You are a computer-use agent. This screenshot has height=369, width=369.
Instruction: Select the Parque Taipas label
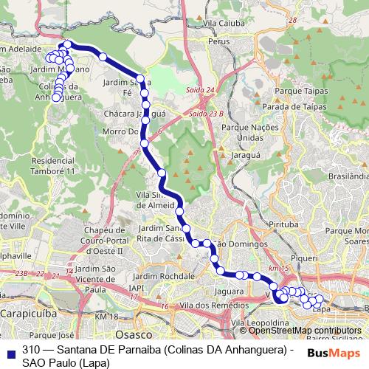click(294, 92)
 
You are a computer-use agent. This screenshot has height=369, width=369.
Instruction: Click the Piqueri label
click(305, 260)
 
